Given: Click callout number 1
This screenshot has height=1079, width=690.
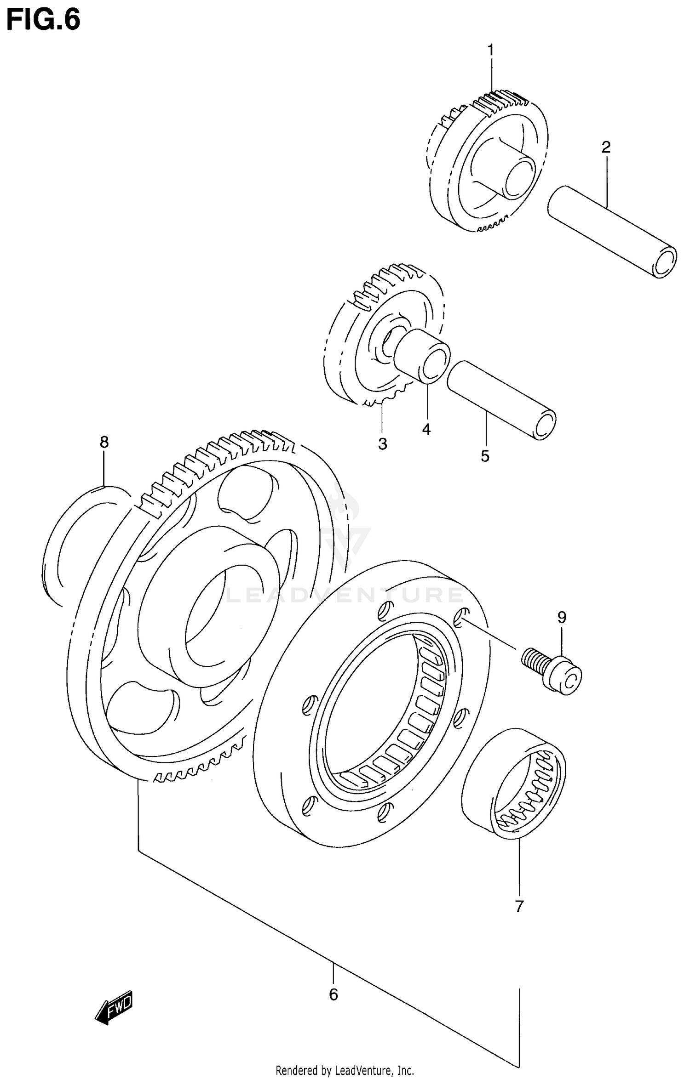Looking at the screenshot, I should [x=490, y=49].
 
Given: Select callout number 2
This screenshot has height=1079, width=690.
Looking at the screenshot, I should [x=606, y=148].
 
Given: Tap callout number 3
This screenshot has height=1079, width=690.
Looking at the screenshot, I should [x=382, y=444].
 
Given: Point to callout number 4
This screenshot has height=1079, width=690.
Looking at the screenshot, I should [x=426, y=429].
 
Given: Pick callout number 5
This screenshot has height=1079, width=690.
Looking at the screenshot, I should [x=485, y=456].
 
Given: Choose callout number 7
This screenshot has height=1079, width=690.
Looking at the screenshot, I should [x=519, y=906].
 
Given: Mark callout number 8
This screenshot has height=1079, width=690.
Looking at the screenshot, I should [x=104, y=442].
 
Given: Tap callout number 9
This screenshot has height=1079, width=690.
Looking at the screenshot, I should [x=562, y=617].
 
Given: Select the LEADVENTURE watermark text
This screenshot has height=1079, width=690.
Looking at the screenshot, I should [x=345, y=595].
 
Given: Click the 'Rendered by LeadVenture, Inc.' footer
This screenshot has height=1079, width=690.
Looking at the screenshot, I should [x=345, y=1070].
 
